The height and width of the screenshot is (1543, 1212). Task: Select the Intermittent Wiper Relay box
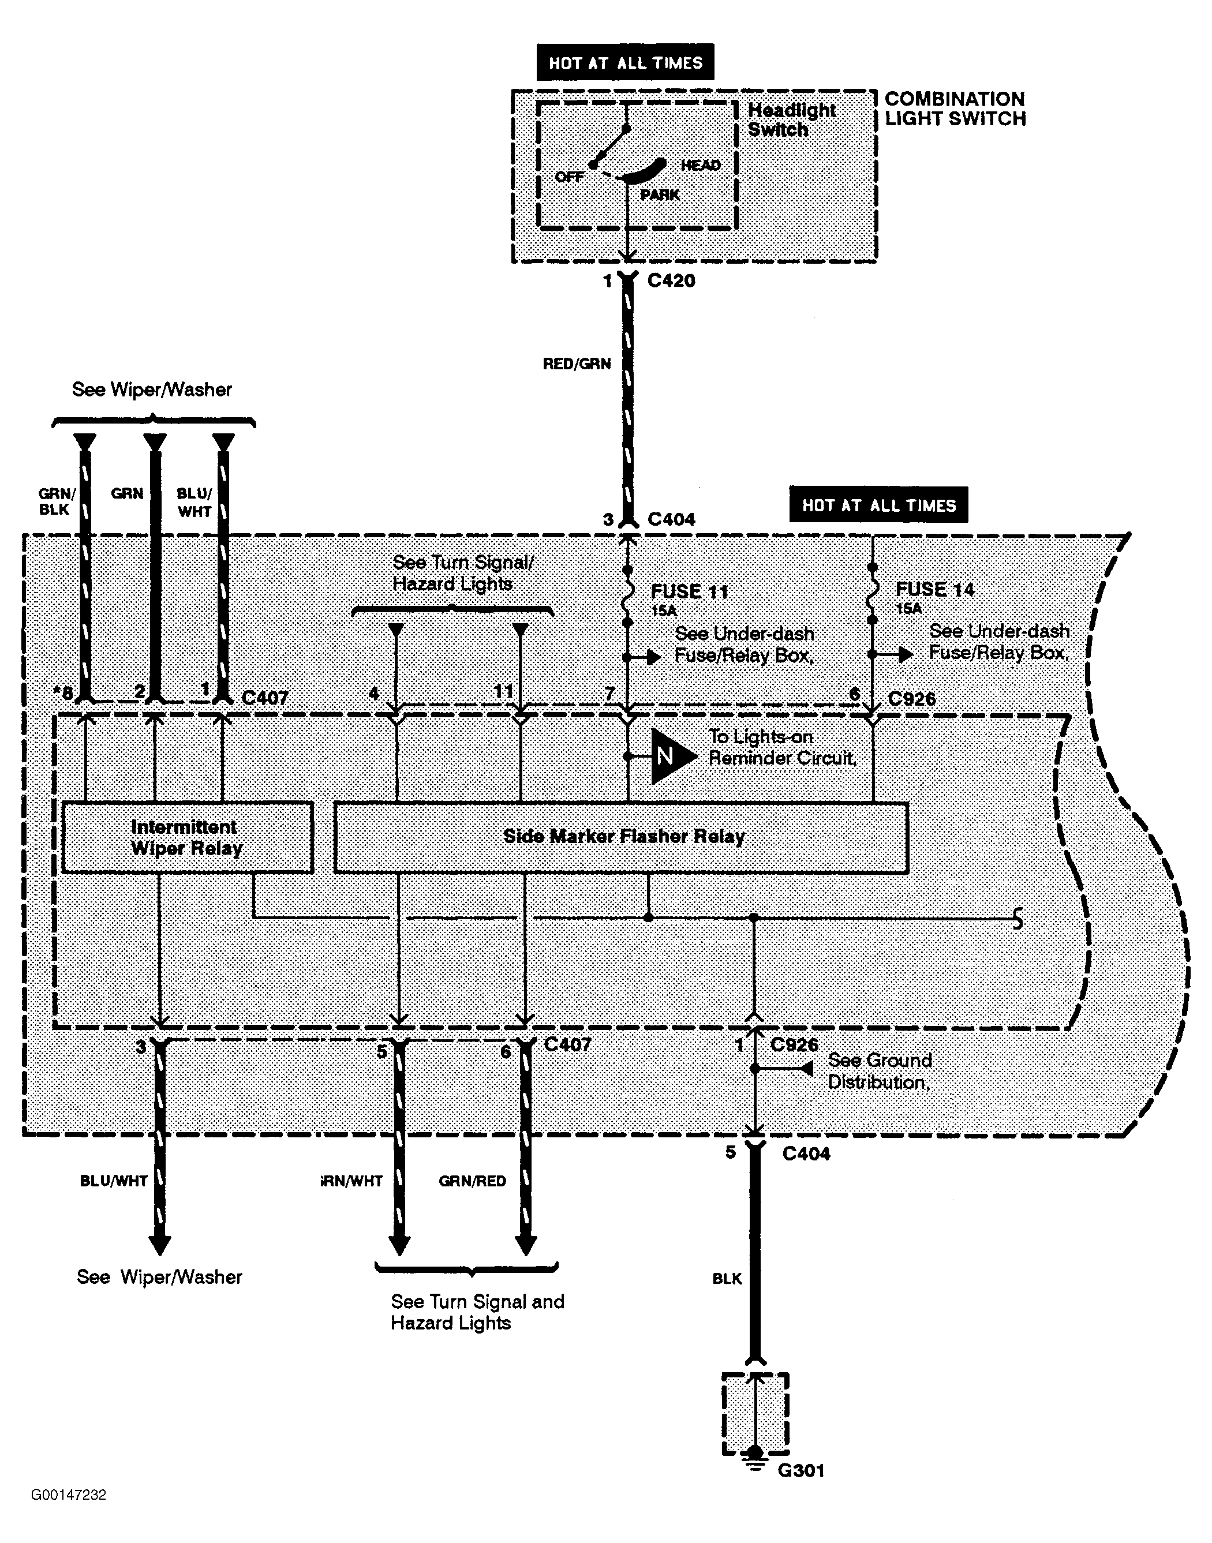[188, 837]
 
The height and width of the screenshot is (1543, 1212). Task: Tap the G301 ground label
[801, 1471]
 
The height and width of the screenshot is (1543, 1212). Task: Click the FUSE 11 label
[689, 591]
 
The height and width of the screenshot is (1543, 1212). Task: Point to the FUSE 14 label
[934, 590]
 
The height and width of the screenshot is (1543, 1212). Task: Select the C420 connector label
[671, 281]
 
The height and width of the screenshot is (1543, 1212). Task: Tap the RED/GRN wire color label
[576, 364]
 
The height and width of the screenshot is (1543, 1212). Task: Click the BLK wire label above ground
[727, 1278]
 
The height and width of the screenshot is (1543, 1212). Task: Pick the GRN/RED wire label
[472, 1181]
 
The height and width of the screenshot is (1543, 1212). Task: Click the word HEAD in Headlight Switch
[701, 165]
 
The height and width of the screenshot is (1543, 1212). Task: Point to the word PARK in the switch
[660, 195]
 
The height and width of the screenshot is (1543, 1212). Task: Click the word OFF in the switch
[569, 177]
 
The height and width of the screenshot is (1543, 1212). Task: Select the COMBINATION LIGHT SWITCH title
[955, 108]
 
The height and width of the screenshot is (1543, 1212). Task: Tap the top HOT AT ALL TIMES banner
[625, 62]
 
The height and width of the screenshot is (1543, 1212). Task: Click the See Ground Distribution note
[879, 1071]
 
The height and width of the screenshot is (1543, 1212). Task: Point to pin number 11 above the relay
[503, 690]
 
